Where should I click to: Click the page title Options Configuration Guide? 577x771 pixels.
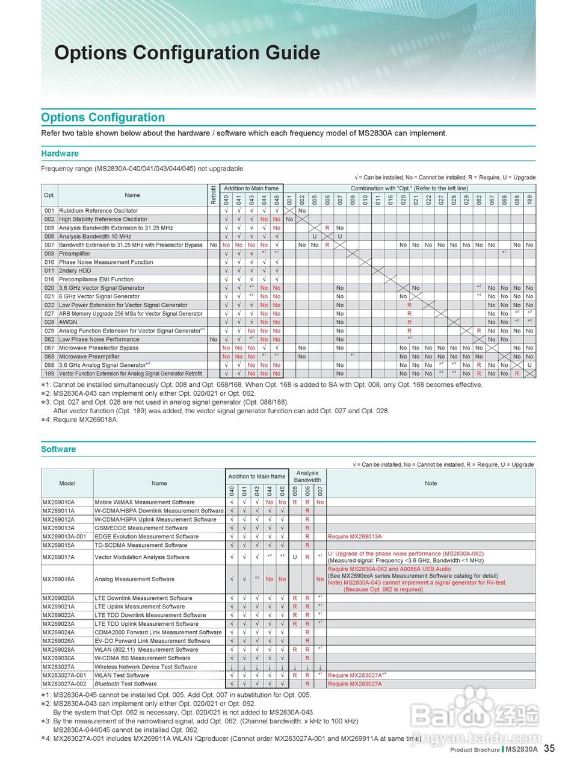coord(187,53)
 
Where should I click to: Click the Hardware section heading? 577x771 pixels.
coord(60,154)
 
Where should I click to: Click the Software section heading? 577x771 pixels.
coord(58,449)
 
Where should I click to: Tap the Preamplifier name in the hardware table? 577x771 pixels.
coord(75,254)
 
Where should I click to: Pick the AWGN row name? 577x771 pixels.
coord(68,322)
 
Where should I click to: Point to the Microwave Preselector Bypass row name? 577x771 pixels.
coord(99,348)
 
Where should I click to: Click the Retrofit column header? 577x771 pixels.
coord(214,195)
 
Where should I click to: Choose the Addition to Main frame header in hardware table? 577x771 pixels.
coord(251,189)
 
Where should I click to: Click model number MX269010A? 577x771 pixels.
coord(58,502)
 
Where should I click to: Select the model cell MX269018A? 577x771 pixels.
coord(58,579)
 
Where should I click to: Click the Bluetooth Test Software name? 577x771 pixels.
coord(126,684)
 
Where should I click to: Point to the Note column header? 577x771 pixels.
coord(431,483)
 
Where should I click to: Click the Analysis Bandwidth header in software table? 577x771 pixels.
coord(307,476)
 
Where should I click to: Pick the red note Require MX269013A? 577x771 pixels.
coord(355,537)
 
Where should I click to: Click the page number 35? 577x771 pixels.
coord(549,749)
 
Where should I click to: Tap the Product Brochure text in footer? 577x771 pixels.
coord(475,750)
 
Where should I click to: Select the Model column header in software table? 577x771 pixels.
coord(67,483)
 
